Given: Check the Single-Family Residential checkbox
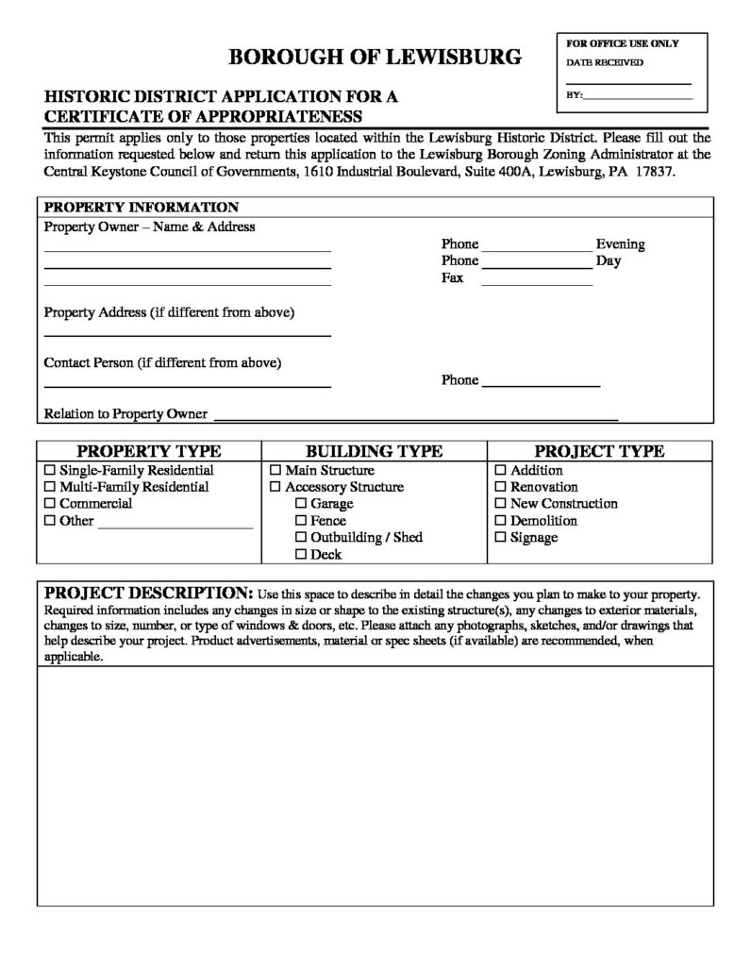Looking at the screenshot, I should tap(50, 470).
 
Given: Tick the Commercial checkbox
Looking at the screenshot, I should tap(50, 504).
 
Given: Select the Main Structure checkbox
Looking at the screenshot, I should tap(275, 470).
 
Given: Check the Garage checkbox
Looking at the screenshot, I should tap(301, 504).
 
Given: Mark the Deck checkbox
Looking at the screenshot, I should tap(301, 555).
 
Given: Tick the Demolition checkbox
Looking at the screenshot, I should tap(501, 521).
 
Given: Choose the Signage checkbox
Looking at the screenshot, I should tap(501, 538).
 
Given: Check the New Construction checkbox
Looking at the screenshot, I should tap(501, 504).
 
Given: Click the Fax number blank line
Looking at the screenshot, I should tap(537, 283).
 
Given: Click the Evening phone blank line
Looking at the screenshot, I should tap(537, 249).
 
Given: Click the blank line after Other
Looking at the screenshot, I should tap(175, 526).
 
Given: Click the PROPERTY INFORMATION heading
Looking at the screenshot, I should tap(142, 208).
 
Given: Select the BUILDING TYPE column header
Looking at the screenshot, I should tap(374, 451).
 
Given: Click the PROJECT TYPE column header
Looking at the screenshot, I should tap(599, 451).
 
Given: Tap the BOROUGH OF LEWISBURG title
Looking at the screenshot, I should tap(375, 58).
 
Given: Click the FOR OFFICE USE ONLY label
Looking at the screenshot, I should tap(622, 43).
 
